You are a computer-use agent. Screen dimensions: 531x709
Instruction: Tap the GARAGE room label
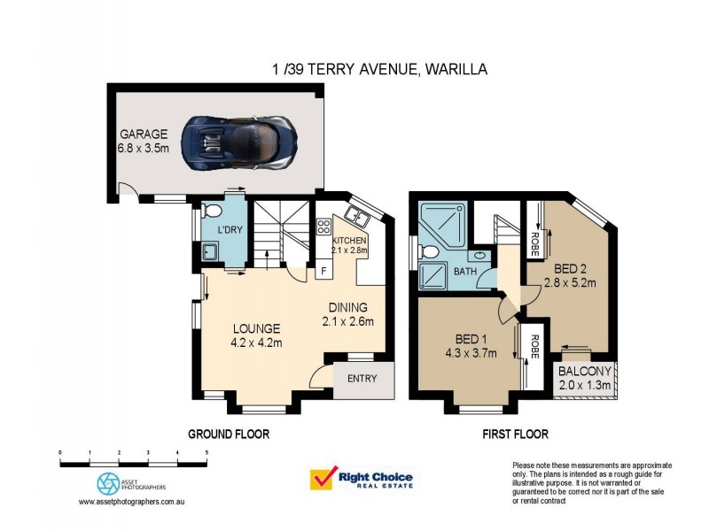point(144,135)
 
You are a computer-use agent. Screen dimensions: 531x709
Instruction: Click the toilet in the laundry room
point(212,211)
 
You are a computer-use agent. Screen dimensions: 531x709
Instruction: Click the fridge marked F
point(323,270)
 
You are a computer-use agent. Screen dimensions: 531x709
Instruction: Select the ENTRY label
point(362,379)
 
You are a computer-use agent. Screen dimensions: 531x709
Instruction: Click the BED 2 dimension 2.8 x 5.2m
point(569,283)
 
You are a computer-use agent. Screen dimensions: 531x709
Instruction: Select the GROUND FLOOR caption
point(228,435)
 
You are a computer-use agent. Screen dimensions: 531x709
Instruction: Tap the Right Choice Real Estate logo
point(361,479)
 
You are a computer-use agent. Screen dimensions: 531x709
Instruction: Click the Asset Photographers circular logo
point(108,482)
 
